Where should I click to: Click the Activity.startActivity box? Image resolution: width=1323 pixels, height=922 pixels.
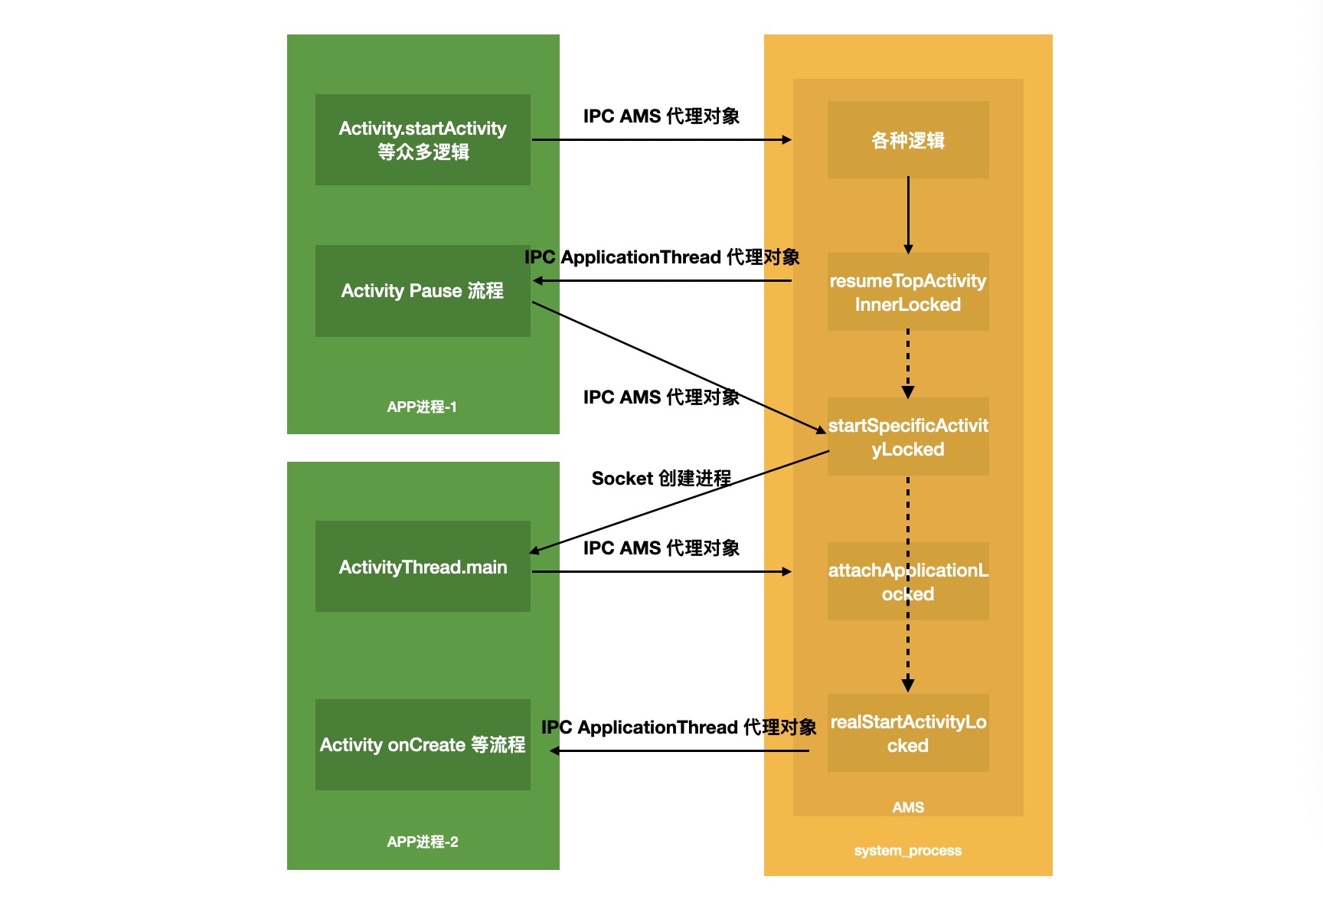click(423, 139)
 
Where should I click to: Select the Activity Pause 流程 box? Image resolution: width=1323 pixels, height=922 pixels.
click(423, 291)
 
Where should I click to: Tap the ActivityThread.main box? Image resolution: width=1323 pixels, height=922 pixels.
click(423, 567)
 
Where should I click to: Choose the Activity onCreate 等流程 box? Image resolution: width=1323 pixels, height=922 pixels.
click(423, 744)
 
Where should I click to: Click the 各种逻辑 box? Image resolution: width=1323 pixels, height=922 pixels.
click(908, 140)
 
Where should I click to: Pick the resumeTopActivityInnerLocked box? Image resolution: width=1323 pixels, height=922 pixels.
click(908, 293)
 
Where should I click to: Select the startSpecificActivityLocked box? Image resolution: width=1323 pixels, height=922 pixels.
click(908, 437)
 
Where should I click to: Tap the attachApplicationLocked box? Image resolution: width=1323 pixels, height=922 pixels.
click(908, 582)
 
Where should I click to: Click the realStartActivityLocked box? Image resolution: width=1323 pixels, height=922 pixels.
click(908, 734)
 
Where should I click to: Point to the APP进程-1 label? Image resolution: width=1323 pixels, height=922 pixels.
click(422, 407)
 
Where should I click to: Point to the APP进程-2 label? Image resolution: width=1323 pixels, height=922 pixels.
click(423, 842)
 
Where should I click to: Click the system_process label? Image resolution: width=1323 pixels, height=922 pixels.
click(908, 850)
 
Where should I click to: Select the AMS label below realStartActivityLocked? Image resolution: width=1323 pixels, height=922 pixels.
click(908, 807)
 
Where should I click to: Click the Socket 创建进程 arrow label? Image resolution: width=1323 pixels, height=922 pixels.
click(661, 479)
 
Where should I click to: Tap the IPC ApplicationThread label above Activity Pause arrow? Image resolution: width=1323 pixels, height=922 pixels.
click(662, 257)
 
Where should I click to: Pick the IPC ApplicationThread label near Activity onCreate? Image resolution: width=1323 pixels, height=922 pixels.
click(679, 727)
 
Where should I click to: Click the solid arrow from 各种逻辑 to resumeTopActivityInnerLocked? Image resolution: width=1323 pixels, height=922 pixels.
click(908, 214)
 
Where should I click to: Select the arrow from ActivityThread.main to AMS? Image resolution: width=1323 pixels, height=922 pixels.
click(661, 571)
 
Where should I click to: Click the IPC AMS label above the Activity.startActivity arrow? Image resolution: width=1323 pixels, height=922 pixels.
click(661, 116)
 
